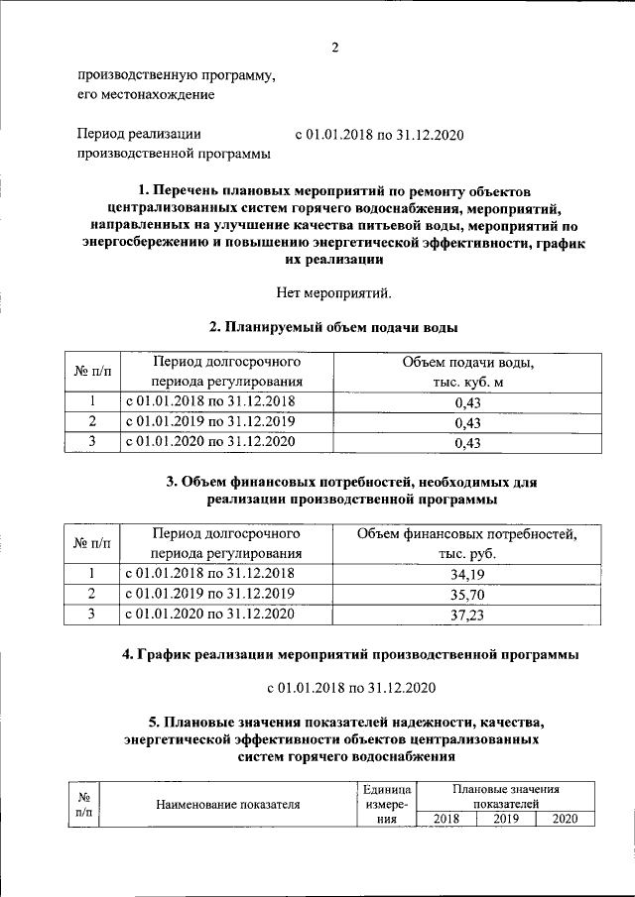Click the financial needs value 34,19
[x=466, y=573]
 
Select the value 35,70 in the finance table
[x=466, y=594]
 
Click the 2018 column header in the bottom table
[x=446, y=819]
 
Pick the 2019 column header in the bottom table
[x=506, y=819]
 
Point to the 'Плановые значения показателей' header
[x=506, y=797]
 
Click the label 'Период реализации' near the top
[x=139, y=134]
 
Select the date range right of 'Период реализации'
[x=380, y=134]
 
